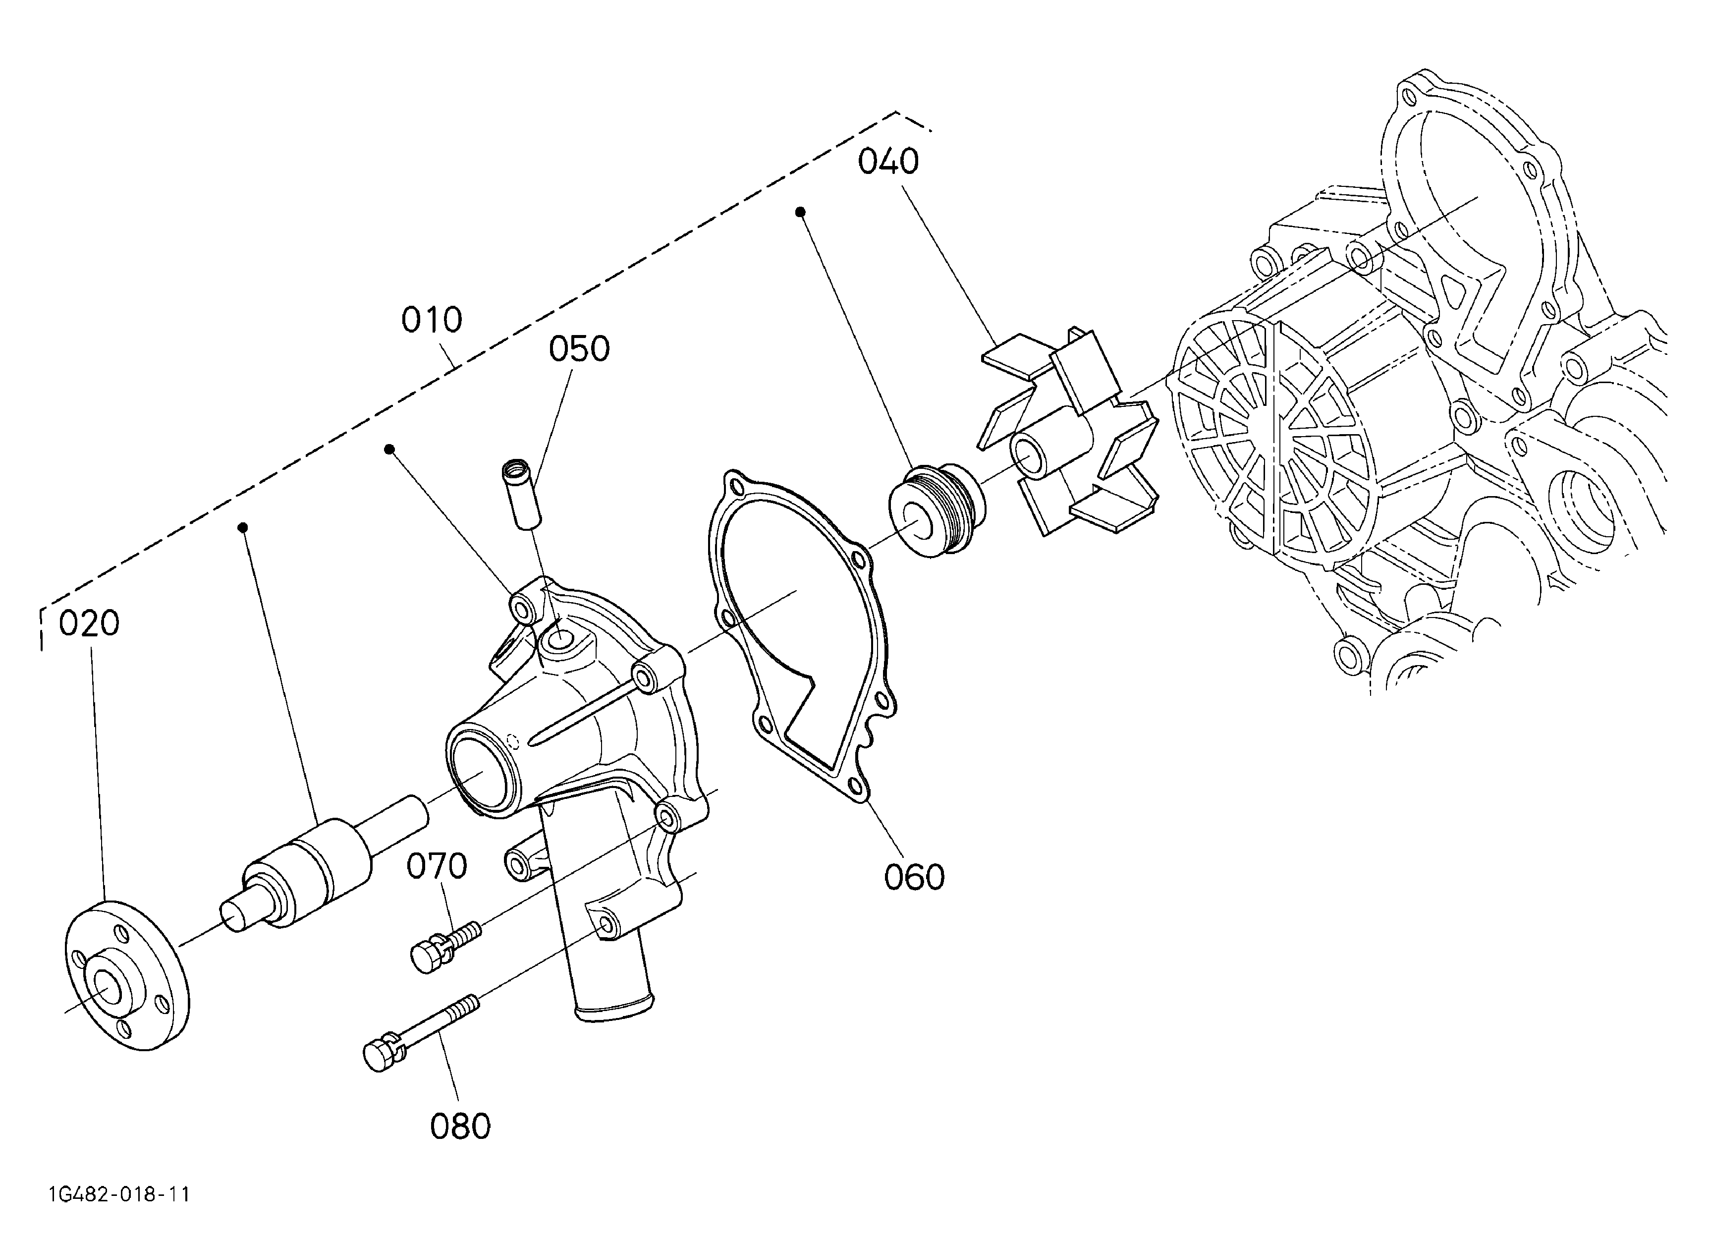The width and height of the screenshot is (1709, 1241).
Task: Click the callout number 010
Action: tap(431, 320)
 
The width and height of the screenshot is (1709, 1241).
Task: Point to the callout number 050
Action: tap(579, 349)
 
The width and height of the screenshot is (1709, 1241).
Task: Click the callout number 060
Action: tap(914, 878)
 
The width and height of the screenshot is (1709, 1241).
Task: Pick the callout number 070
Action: tap(437, 866)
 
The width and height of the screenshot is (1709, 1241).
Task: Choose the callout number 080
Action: tap(460, 1127)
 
